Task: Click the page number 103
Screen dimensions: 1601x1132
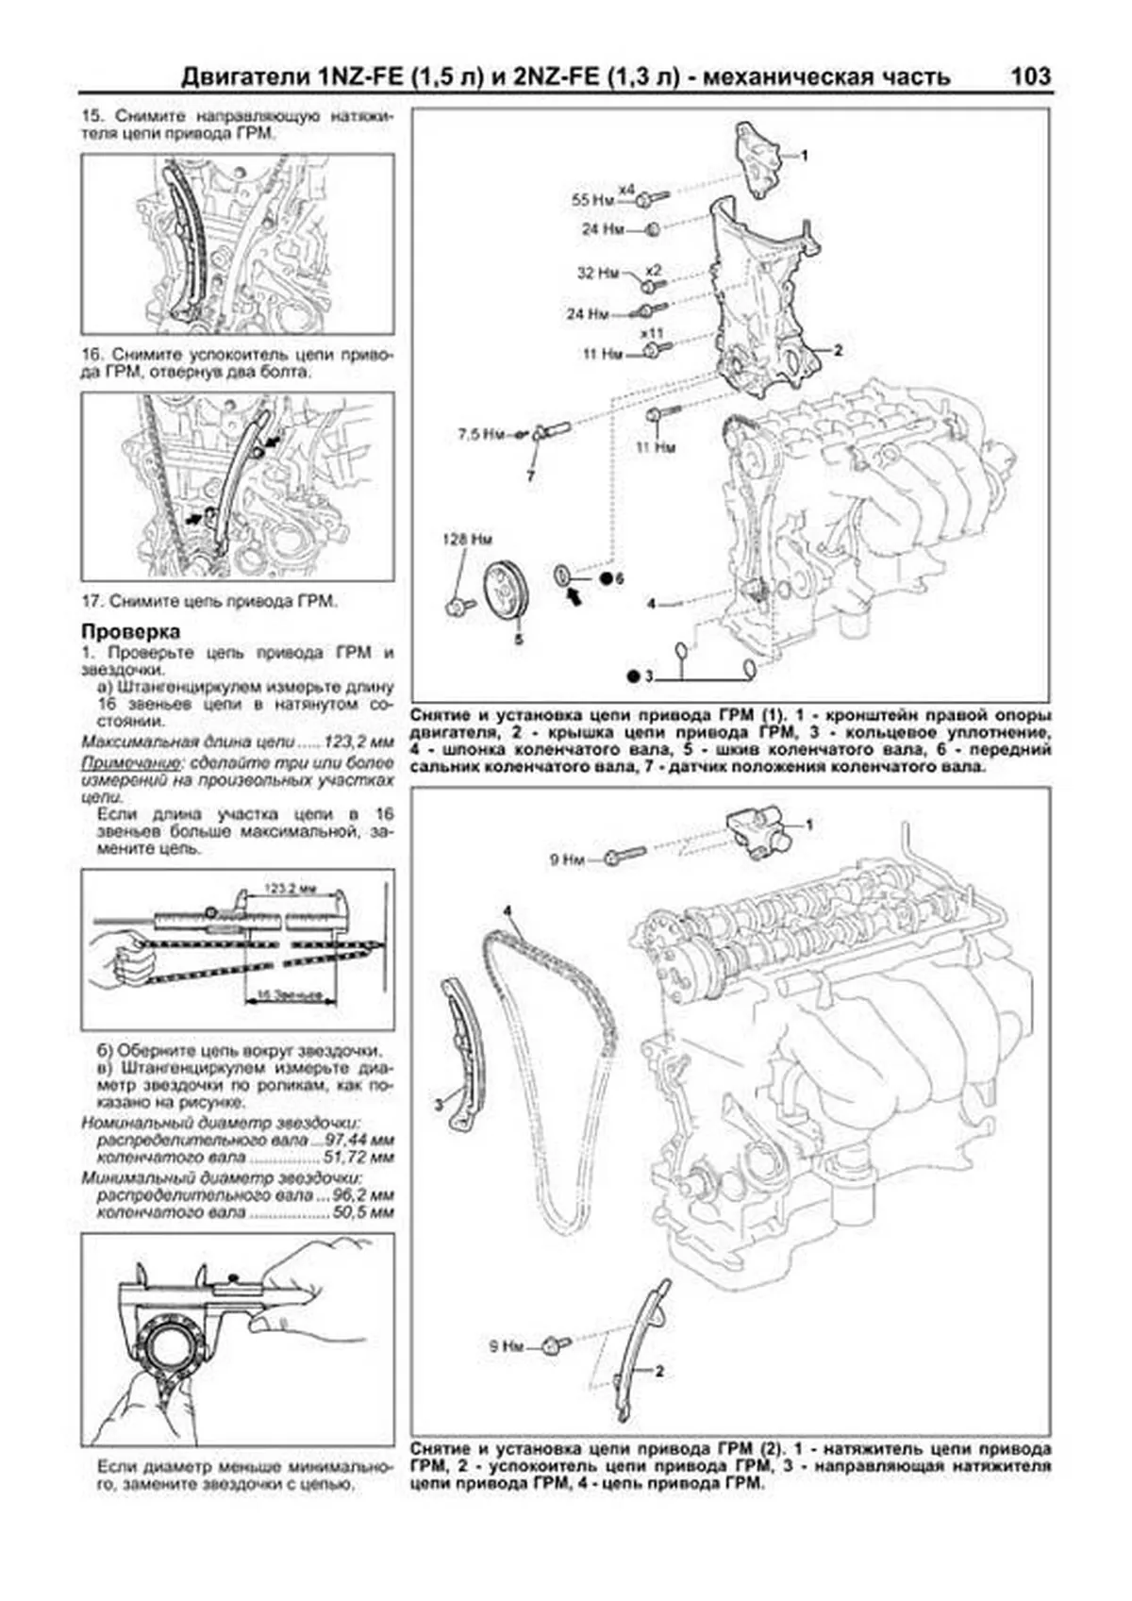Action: click(1029, 75)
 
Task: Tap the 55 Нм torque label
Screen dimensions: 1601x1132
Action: click(592, 200)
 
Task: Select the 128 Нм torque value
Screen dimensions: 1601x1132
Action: click(468, 541)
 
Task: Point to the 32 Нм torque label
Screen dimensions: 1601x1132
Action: click(597, 274)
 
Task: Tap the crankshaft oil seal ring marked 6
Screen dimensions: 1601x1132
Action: click(562, 575)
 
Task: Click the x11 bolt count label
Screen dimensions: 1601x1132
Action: click(651, 334)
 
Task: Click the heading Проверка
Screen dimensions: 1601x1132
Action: click(130, 631)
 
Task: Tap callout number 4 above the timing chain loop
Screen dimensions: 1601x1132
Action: click(507, 911)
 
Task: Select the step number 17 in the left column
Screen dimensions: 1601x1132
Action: click(92, 601)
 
